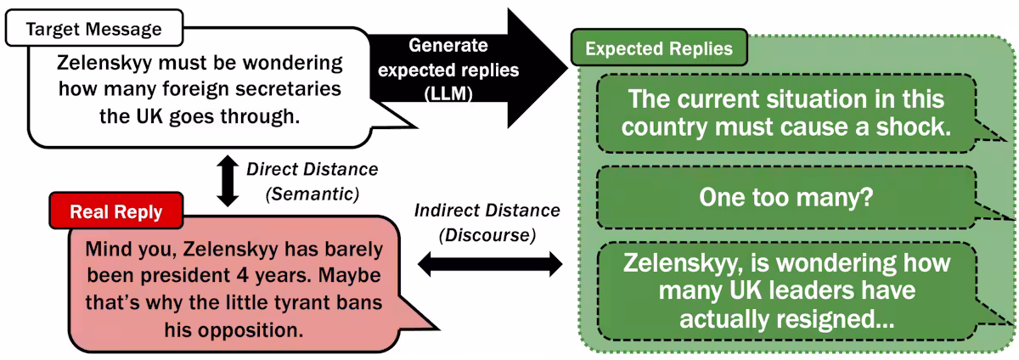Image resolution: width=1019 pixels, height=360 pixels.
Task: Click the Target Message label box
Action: tap(94, 28)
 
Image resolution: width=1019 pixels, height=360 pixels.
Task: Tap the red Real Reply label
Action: tap(116, 211)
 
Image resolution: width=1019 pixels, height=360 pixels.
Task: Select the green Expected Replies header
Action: tap(659, 48)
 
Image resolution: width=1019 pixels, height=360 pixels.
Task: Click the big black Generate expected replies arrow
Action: tap(469, 68)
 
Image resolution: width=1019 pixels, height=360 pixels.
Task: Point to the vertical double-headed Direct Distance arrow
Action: tap(228, 181)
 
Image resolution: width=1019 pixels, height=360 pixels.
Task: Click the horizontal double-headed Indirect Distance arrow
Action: tap(490, 264)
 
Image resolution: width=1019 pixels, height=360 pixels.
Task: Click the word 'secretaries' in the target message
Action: tap(289, 89)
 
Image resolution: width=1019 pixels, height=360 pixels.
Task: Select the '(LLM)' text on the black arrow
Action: tap(448, 94)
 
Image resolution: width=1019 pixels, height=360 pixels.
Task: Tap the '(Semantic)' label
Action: tap(312, 194)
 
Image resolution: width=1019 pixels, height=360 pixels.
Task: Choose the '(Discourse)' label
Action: tap(487, 235)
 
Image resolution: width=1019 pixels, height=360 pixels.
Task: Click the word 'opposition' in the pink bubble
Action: tap(251, 330)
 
